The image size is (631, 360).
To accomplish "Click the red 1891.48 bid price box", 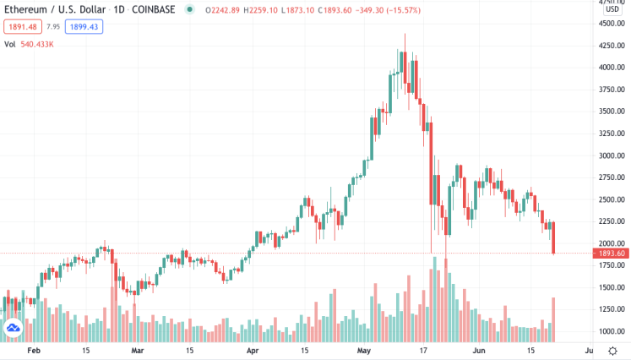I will coord(21,27).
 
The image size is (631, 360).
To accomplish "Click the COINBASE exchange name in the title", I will coord(150,10).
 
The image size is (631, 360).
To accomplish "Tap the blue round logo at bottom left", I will coord(14,329).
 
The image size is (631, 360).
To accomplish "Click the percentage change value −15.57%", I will coord(400,10).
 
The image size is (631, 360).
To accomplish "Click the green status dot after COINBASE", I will coord(188,10).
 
